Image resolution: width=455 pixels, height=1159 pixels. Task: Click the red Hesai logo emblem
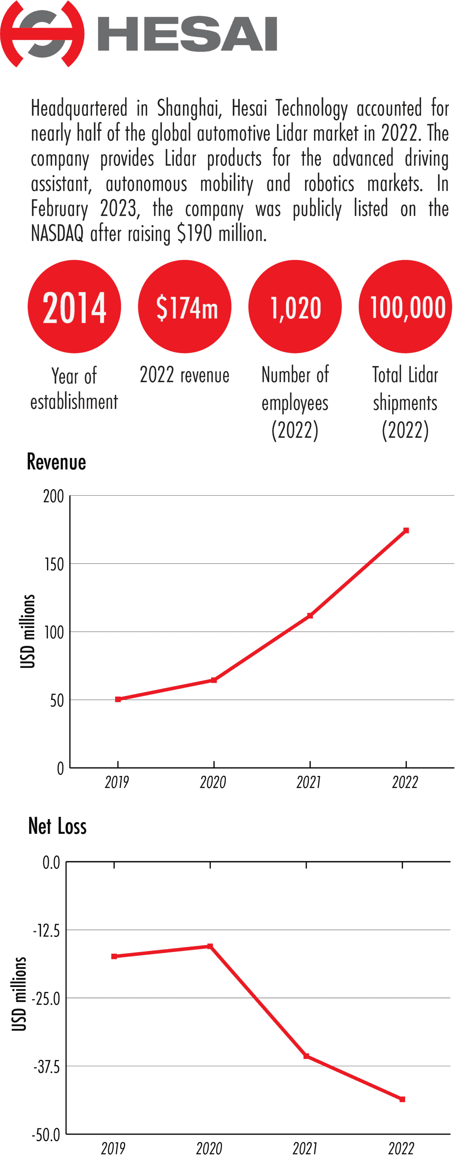click(x=42, y=34)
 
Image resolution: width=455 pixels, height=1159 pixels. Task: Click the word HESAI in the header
click(x=187, y=34)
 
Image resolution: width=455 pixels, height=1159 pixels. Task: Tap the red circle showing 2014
click(x=74, y=307)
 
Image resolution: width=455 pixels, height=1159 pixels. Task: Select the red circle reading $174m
click(x=185, y=307)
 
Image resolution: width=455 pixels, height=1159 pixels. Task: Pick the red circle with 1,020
click(x=295, y=307)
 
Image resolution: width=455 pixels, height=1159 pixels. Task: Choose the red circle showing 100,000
click(x=405, y=307)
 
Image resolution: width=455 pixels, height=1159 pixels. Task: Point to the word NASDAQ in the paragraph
click(x=57, y=233)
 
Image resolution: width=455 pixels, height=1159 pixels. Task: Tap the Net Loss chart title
click(x=57, y=826)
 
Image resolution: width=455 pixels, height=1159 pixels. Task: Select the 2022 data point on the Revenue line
click(x=406, y=530)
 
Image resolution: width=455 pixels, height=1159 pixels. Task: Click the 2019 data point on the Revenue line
click(x=118, y=699)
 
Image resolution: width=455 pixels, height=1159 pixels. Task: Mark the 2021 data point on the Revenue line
click(x=310, y=615)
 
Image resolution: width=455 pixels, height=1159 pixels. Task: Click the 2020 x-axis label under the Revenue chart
click(x=213, y=782)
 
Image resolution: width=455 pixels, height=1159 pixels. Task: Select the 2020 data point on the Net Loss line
click(x=210, y=946)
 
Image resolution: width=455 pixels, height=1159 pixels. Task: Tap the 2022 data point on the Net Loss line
click(x=402, y=1099)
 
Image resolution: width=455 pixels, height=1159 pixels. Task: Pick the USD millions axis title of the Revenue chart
click(x=27, y=631)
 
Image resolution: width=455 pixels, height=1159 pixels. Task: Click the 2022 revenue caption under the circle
click(x=185, y=375)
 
